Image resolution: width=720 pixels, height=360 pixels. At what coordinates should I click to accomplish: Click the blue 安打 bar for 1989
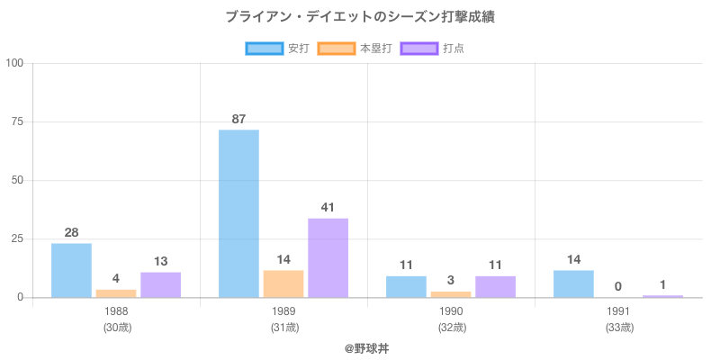coord(238,213)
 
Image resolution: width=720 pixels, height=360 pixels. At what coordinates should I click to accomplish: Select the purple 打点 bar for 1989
coord(328,257)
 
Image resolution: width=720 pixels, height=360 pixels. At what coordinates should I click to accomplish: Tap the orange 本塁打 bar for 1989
coord(283,283)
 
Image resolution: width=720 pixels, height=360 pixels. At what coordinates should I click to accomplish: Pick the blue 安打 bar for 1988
coord(71,270)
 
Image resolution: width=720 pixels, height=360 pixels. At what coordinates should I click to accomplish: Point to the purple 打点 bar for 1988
coord(160,284)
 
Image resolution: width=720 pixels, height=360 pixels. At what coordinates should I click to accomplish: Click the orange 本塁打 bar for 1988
coord(116,293)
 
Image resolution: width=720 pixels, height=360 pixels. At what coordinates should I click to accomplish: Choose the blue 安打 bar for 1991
coord(573,283)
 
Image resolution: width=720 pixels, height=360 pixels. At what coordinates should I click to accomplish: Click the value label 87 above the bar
coord(238,119)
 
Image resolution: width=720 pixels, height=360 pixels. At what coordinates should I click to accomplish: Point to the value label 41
coord(328,207)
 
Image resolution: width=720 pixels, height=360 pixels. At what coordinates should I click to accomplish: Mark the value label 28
coord(71,232)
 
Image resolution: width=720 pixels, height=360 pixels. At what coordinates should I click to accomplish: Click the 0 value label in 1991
coord(618,286)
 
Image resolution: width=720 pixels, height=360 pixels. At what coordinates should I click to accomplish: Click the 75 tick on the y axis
coord(17,121)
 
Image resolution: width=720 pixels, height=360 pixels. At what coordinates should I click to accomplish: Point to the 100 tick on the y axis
coord(14,63)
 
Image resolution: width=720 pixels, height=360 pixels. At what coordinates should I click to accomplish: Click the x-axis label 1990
coord(451,311)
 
